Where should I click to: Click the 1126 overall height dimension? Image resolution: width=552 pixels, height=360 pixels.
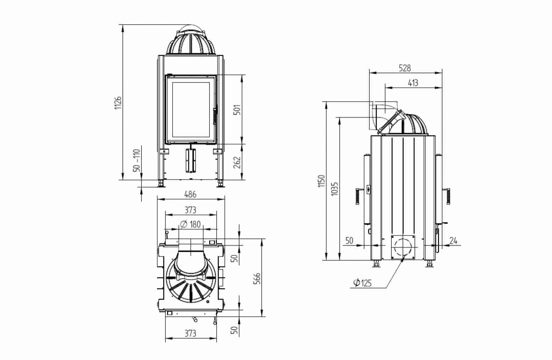point(118,103)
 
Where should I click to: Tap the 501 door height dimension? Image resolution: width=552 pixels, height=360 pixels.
point(237,110)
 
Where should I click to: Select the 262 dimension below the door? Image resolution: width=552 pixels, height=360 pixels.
point(237,162)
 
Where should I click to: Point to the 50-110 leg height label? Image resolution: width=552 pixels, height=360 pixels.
point(136,161)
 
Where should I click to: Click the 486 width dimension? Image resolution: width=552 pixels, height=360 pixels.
point(191,195)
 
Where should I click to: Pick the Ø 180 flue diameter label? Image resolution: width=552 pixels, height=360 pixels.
point(191,224)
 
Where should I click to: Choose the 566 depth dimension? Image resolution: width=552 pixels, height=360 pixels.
point(257,279)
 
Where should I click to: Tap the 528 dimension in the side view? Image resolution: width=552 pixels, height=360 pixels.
point(405,68)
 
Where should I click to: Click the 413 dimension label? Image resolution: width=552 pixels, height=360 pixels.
point(413,83)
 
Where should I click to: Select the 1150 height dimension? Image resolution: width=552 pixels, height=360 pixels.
point(322,181)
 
